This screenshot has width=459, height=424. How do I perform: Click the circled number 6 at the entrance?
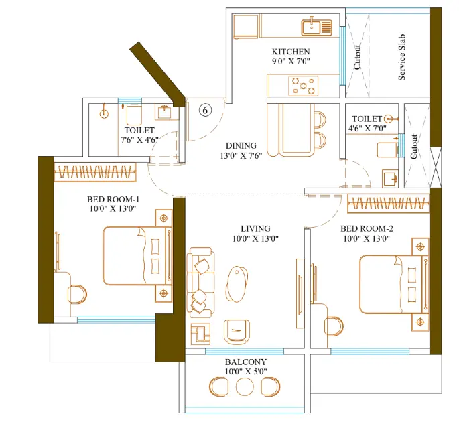205,110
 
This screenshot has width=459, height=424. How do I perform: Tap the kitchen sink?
316,27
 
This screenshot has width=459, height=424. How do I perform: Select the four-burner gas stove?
304,86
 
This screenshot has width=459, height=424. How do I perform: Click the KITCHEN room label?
291,52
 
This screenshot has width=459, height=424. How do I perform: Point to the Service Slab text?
402,58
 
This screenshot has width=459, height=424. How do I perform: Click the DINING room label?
241,145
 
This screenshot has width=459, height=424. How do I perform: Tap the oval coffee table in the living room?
237,284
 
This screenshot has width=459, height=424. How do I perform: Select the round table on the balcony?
245,387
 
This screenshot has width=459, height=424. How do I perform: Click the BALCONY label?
246,362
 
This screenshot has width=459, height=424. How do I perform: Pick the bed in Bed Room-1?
137,256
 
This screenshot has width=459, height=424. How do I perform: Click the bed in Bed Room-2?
394,285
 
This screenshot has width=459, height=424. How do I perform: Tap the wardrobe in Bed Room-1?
95,172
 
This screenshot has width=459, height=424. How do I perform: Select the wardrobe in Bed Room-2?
388,203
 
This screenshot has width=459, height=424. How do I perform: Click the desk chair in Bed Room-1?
77,294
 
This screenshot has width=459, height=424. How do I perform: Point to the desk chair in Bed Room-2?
334,326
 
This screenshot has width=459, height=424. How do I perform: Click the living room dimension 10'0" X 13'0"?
255,238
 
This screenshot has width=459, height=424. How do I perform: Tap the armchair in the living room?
237,332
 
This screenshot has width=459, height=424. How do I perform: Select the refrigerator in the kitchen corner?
246,26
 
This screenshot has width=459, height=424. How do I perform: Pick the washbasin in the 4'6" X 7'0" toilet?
390,178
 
